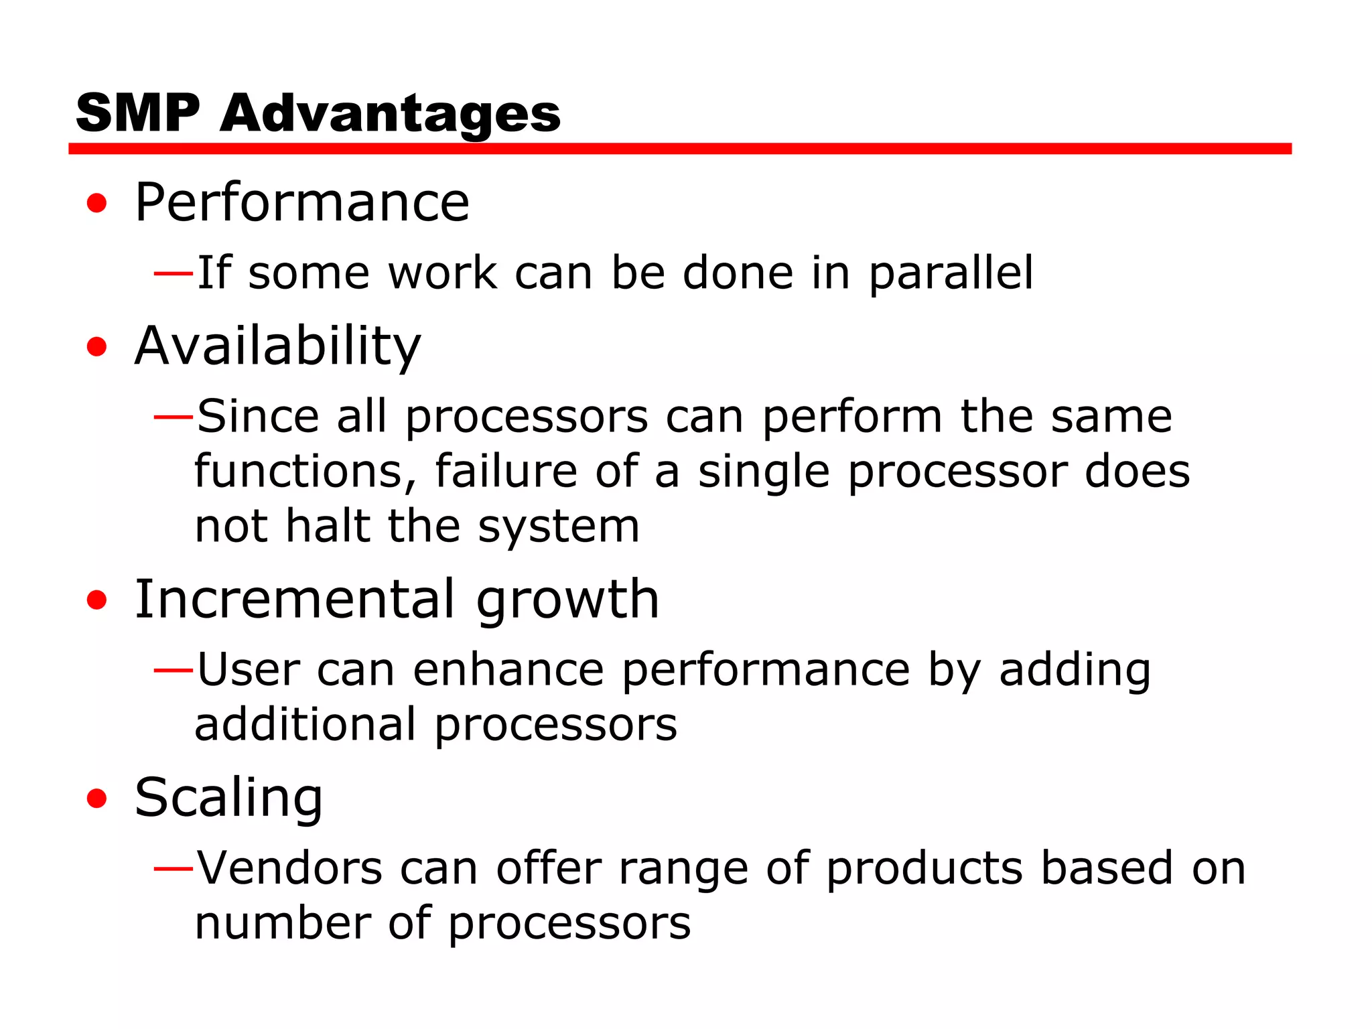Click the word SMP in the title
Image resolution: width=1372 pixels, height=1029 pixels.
pyautogui.click(x=138, y=113)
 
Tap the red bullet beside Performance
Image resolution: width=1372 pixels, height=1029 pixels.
pyautogui.click(x=97, y=203)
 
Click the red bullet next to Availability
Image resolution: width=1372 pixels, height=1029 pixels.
pyautogui.click(x=97, y=346)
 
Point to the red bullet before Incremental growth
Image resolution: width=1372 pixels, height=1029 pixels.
pyautogui.click(x=97, y=600)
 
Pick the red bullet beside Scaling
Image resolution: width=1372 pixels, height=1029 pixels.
pyautogui.click(x=97, y=798)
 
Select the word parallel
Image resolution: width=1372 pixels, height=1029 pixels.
pyautogui.click(x=951, y=273)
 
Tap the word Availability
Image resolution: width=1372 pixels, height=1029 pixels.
pyautogui.click(x=277, y=347)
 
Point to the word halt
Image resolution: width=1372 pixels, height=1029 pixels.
pyautogui.click(x=328, y=526)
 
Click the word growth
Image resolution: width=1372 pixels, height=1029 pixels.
pyautogui.click(x=567, y=600)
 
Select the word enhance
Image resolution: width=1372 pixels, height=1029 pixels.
pyautogui.click(x=508, y=669)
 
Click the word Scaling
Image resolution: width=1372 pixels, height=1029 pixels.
pyautogui.click(x=228, y=799)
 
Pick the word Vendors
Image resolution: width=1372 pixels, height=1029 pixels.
pyautogui.click(x=289, y=868)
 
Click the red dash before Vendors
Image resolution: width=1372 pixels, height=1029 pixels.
pyautogui.click(x=174, y=869)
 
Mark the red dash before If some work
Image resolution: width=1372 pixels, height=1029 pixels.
pyautogui.click(x=174, y=273)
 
